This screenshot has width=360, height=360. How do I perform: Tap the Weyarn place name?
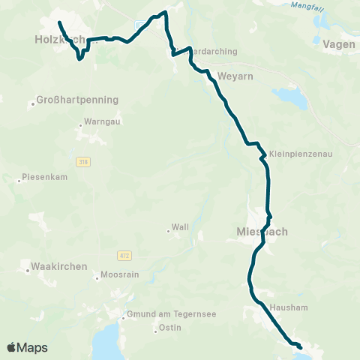[232, 76]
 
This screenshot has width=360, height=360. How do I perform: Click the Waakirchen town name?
[60, 266]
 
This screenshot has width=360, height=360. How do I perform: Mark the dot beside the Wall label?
[168, 231]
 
